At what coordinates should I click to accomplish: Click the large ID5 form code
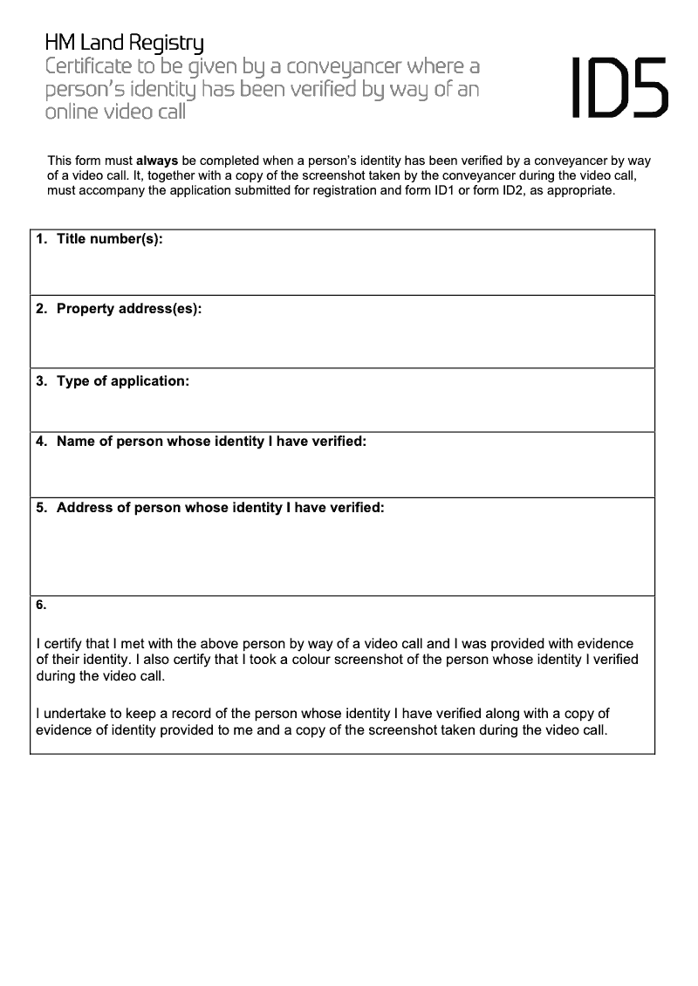point(620,87)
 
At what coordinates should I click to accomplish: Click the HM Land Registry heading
point(125,43)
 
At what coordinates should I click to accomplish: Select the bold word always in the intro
point(157,161)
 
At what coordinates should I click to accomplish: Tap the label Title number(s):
point(109,239)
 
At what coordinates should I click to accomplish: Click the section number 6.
point(41,605)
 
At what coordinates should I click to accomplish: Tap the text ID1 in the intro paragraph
point(455,190)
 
